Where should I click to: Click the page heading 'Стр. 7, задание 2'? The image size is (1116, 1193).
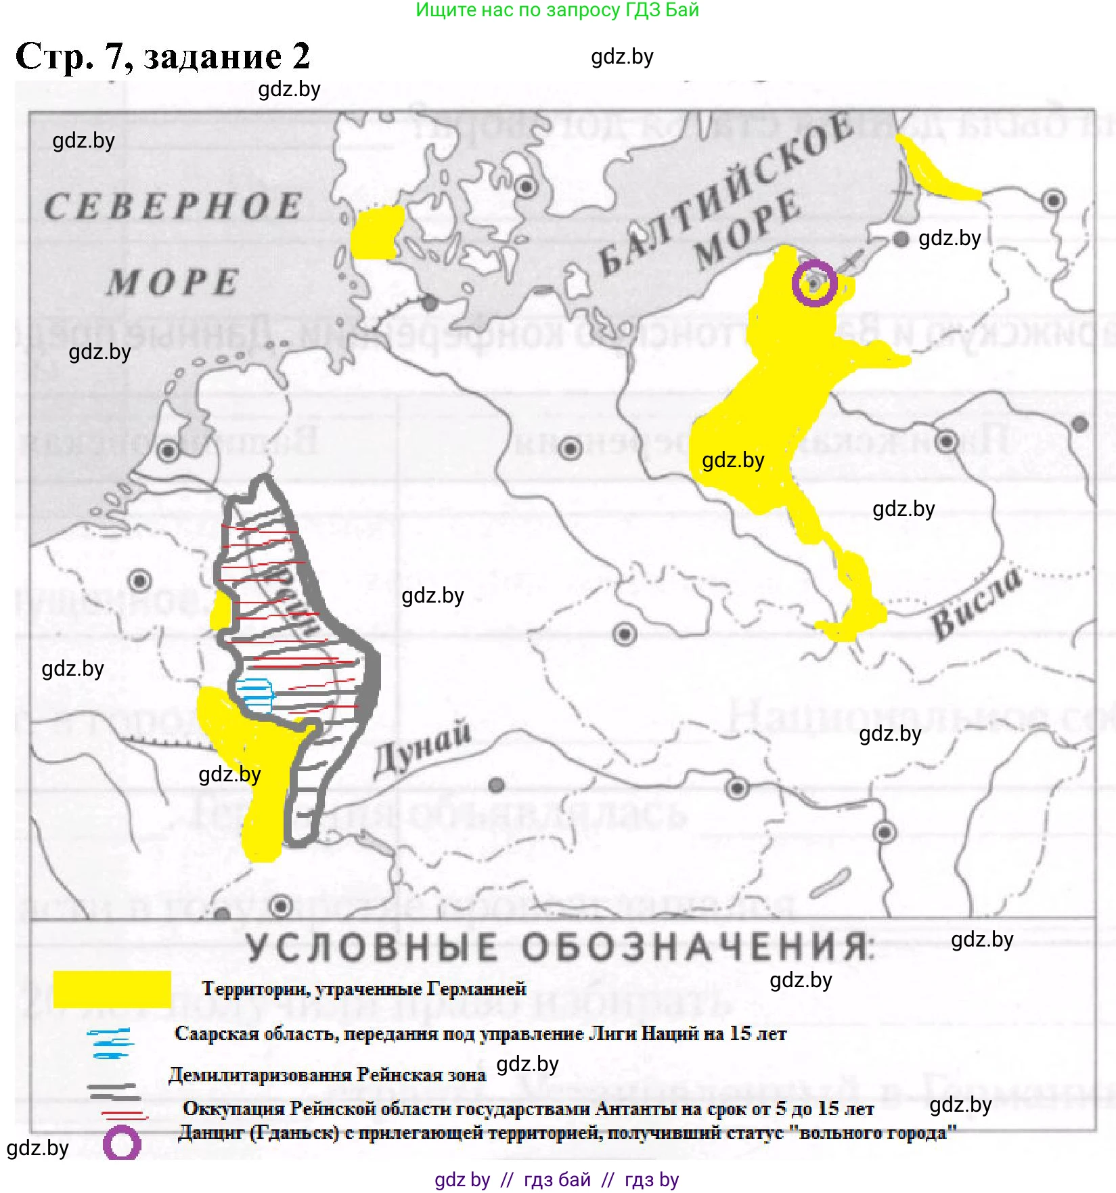tap(162, 56)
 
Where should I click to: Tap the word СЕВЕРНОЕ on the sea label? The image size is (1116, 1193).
tap(173, 207)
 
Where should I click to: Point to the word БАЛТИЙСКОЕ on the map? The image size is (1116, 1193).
tap(724, 196)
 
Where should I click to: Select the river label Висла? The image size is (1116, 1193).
tap(976, 604)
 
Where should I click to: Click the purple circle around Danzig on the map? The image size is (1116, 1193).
tap(814, 282)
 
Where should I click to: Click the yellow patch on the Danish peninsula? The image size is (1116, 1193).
tap(376, 232)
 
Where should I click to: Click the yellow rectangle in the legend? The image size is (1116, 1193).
tap(112, 989)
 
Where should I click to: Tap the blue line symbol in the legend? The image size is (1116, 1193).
tap(110, 1043)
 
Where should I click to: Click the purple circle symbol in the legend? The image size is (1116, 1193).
tap(122, 1144)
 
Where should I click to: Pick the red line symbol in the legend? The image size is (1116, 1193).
tap(124, 1114)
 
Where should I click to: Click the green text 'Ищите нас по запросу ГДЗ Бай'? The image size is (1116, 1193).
tap(557, 10)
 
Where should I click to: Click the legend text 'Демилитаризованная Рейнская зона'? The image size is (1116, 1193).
tap(327, 1075)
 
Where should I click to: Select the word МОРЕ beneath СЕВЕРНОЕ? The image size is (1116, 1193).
tap(173, 282)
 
